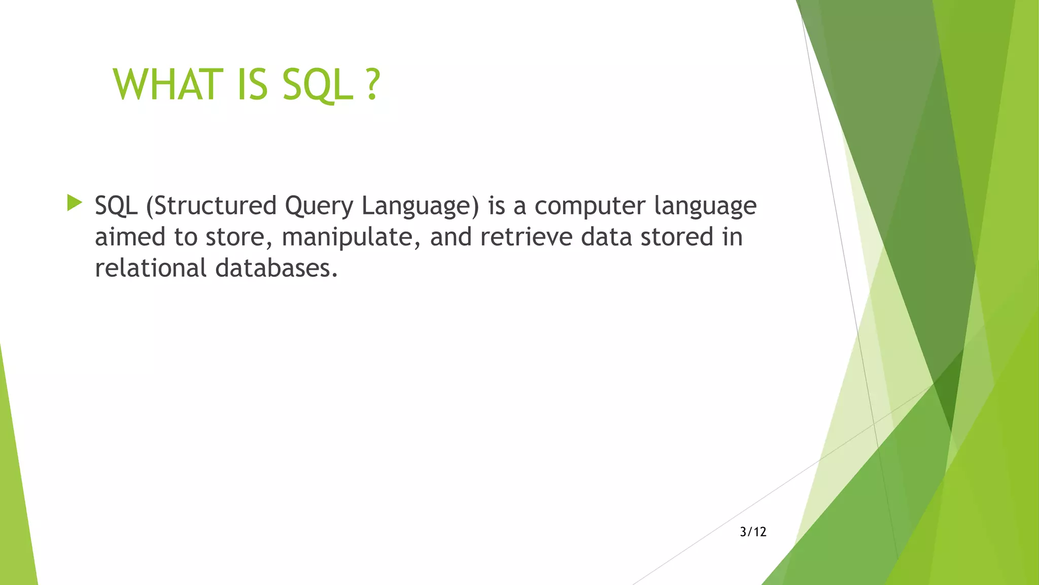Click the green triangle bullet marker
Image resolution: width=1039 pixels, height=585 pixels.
(74, 203)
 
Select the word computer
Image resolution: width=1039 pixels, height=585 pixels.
(590, 207)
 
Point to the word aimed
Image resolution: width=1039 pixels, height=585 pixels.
(130, 237)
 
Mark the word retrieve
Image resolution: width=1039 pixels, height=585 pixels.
(526, 237)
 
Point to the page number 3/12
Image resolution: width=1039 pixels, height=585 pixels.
(753, 532)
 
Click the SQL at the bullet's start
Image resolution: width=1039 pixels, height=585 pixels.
(116, 206)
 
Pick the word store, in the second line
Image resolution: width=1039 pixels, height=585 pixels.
(239, 238)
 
